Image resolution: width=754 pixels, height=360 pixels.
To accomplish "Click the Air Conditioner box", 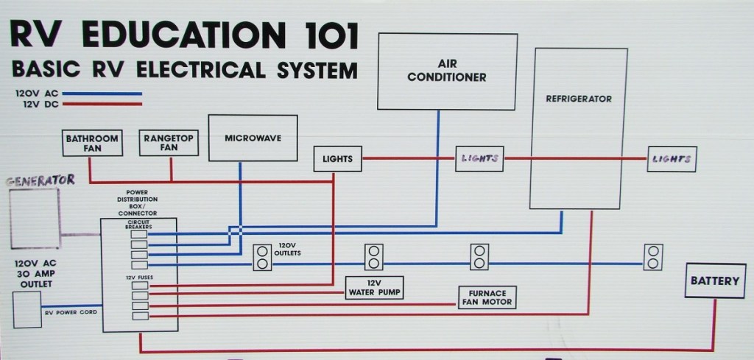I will coord(446,71).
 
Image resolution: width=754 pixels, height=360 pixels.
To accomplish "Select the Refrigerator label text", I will coord(579,98).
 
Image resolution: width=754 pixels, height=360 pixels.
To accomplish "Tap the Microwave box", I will coord(253,138).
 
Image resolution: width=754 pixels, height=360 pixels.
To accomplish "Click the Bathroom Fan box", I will coord(93,143).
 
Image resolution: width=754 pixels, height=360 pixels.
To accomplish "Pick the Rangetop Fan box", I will coord(169,143).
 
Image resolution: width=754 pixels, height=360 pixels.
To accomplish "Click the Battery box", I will coord(714,280).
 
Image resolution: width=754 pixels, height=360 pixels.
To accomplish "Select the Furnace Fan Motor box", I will coord(486,297).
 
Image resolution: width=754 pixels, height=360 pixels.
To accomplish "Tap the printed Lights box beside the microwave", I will coord(337,159).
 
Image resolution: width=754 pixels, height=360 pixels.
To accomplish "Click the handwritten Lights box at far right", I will coord(672,159).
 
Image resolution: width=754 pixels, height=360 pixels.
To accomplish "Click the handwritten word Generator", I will coord(41,180).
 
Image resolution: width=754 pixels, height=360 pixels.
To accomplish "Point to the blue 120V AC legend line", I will coord(106,94).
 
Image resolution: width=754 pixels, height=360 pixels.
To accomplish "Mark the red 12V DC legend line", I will coord(106,104).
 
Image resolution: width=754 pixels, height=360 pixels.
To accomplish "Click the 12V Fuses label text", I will coord(139,277).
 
